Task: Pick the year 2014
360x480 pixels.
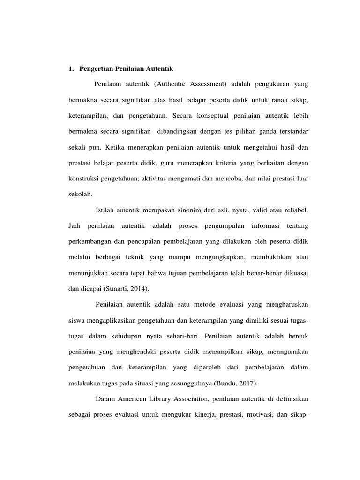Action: (132, 289)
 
